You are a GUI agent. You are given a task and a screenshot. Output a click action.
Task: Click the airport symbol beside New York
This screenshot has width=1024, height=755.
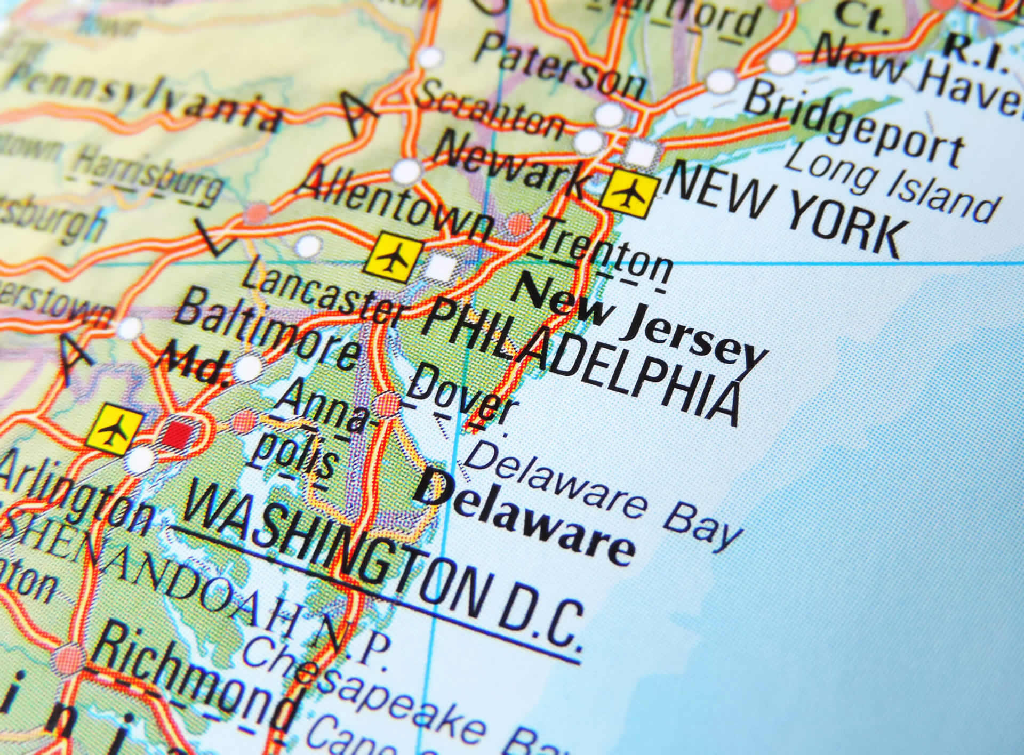tap(630, 194)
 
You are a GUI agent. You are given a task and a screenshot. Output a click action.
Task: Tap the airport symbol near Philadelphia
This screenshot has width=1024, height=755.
tap(394, 258)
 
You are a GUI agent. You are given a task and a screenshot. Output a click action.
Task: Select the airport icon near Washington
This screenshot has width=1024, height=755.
tap(115, 429)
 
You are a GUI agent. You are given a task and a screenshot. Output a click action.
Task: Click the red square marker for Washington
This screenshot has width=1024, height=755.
tap(177, 433)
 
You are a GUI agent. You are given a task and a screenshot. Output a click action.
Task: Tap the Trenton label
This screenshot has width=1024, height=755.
tap(603, 254)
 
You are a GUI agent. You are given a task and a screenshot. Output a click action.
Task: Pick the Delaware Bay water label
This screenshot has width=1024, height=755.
tap(603, 496)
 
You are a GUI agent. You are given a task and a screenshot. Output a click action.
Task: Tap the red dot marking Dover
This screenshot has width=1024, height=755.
tap(388, 405)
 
